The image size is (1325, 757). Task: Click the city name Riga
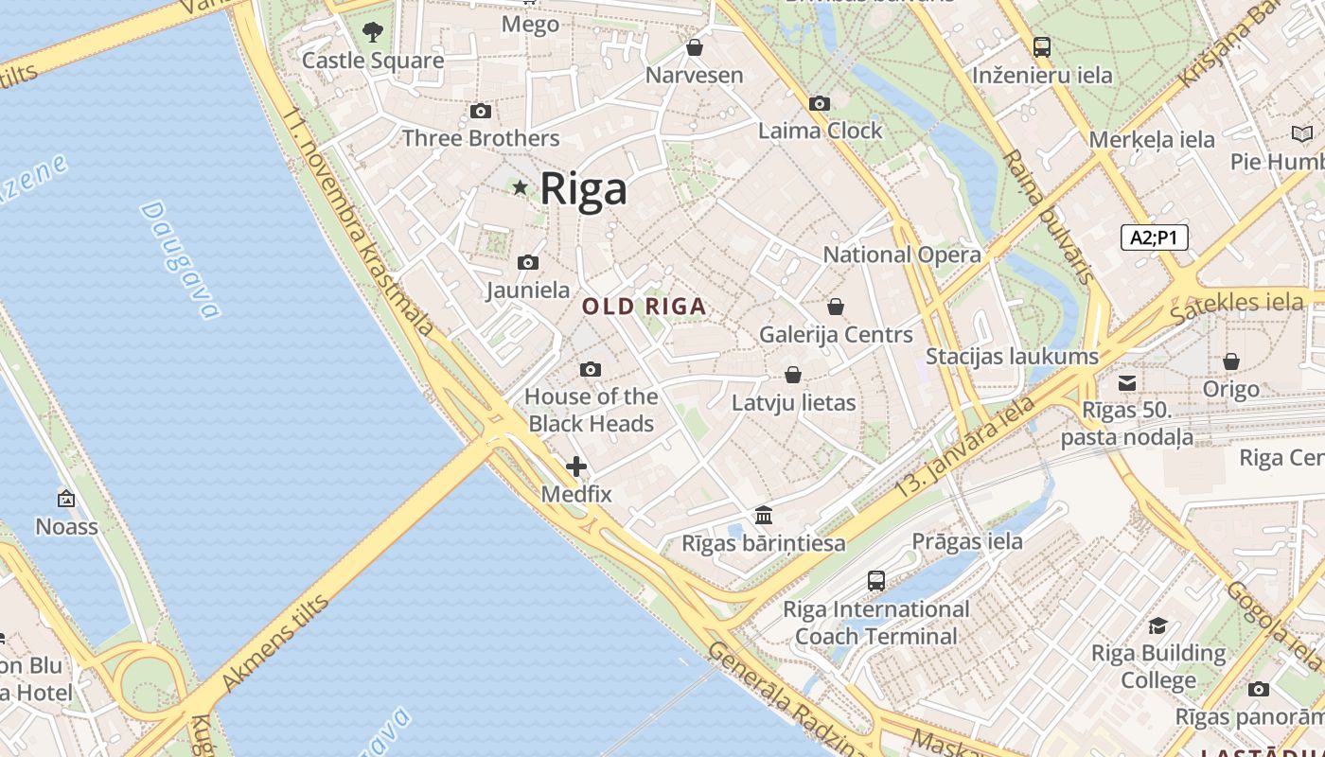[x=583, y=188]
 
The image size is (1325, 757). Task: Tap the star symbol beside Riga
[x=520, y=187]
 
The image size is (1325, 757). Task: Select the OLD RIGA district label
[x=644, y=306]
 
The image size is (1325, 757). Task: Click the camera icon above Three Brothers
[x=481, y=111]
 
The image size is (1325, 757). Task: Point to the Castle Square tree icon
[x=373, y=32]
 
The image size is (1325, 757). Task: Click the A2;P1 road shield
[x=1154, y=237]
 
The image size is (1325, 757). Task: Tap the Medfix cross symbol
[x=576, y=467]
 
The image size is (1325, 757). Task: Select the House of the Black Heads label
[x=591, y=410]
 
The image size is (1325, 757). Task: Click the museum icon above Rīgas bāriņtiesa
[x=764, y=516]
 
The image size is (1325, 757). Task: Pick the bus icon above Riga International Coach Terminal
[x=876, y=581]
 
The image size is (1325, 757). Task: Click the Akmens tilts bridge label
[x=274, y=643]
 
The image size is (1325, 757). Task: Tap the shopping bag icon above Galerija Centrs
[x=836, y=307]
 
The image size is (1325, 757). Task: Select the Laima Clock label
[x=820, y=131]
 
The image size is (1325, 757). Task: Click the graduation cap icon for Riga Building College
[x=1157, y=625]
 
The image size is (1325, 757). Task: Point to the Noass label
[x=66, y=526]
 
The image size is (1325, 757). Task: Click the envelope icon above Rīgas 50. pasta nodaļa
[x=1127, y=383]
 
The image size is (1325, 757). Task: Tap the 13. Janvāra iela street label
[x=965, y=447]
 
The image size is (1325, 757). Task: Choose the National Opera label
[x=902, y=255]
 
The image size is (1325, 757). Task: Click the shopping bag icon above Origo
[x=1231, y=361]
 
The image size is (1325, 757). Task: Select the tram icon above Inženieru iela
[x=1042, y=46]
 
